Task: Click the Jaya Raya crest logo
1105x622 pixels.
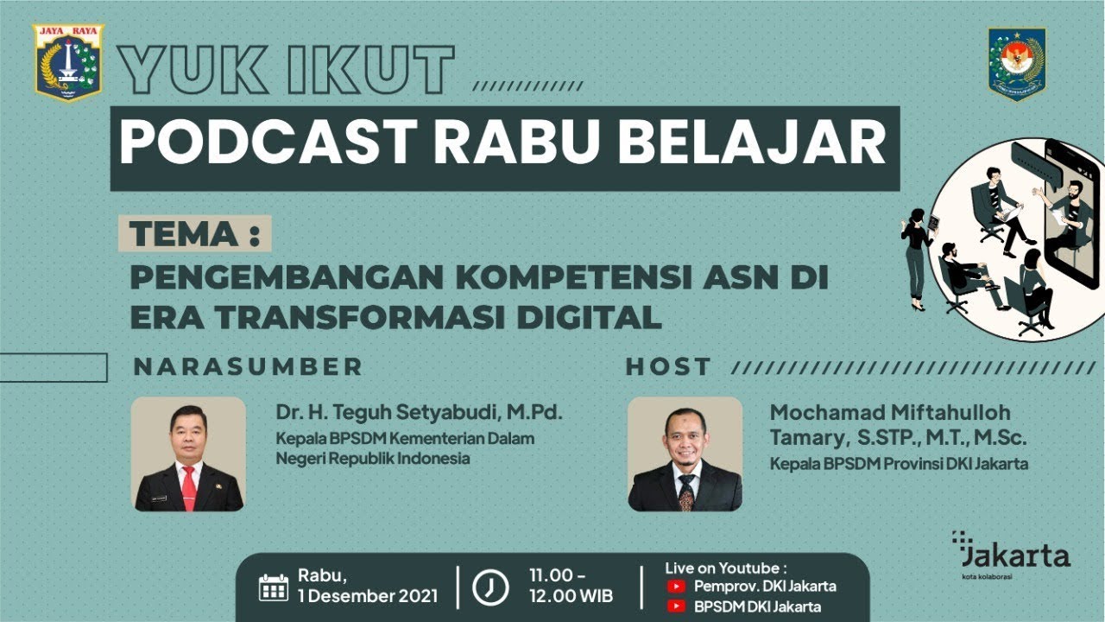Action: click(68, 62)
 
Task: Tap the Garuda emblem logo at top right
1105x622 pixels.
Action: click(1017, 63)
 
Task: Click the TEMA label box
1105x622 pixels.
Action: click(194, 233)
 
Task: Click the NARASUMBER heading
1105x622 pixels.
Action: click(248, 366)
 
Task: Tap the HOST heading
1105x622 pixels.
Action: click(668, 366)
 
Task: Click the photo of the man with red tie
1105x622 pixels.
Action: click(188, 454)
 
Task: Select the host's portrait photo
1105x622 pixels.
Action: click(685, 454)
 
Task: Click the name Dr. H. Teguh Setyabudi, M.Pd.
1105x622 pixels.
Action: click(419, 414)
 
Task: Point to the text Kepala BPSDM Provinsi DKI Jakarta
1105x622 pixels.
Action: click(899, 464)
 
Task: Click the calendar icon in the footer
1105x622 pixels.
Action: click(274, 587)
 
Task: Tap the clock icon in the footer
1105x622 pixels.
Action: click(490, 587)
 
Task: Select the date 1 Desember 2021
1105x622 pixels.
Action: click(368, 596)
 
